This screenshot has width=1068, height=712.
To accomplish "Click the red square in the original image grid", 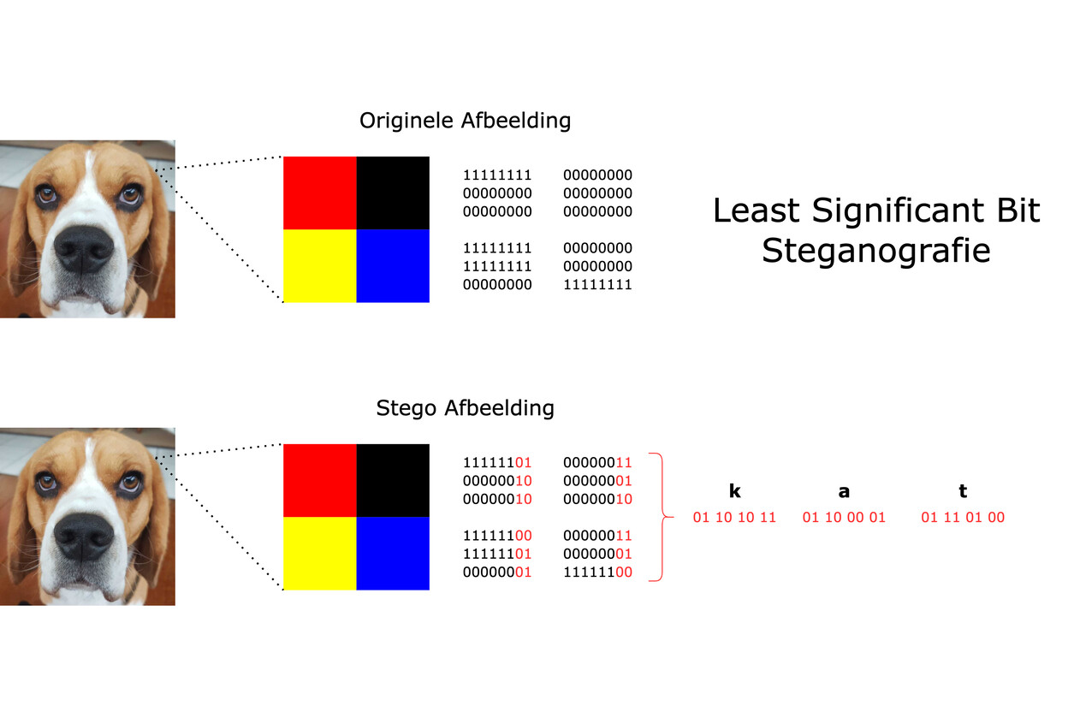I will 319,193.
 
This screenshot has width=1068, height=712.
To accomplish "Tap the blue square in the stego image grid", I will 393,553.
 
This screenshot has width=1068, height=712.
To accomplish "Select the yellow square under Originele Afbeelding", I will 319,265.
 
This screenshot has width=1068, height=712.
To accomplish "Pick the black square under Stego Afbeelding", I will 393,480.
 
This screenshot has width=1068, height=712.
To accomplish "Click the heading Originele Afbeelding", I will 465,121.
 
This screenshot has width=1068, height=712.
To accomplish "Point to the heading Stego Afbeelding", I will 465,408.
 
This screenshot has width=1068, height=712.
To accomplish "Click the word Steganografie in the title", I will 875,251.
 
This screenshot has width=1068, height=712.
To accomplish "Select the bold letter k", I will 734,491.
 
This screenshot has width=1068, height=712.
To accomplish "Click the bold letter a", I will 844,491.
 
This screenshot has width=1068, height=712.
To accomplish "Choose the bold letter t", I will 963,491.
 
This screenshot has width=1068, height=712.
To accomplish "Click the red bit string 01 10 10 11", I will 734,518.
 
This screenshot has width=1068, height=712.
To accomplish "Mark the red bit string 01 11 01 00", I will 963,518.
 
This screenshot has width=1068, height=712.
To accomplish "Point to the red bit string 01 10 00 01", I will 844,518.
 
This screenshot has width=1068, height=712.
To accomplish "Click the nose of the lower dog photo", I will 83,535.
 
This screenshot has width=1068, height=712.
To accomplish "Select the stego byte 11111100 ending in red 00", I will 597,572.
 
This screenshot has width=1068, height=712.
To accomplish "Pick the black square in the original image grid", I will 393,193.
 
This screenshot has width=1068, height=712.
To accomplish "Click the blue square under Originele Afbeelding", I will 393,265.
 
